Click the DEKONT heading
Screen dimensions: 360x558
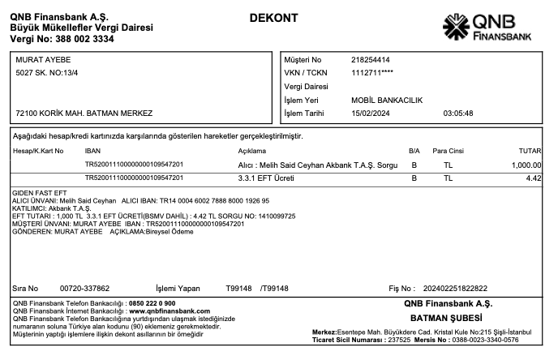(273, 18)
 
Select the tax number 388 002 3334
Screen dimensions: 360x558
(85, 38)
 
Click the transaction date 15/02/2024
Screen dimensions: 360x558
(371, 113)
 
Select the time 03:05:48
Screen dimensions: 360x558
(458, 113)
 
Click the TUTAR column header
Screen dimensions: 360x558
(530, 151)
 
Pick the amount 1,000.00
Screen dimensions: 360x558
(526, 165)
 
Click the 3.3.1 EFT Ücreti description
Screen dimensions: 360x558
(265, 178)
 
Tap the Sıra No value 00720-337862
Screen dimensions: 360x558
(85, 288)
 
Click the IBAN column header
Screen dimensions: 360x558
(92, 151)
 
